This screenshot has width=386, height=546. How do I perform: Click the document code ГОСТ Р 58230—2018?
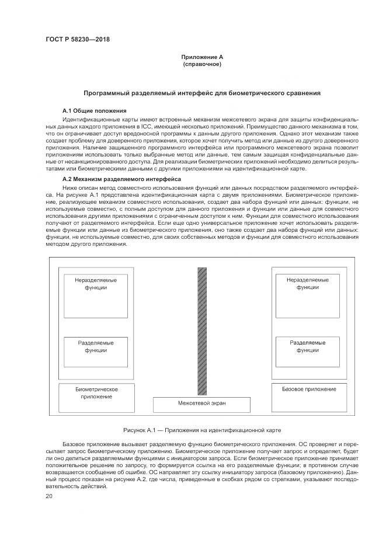point(78,40)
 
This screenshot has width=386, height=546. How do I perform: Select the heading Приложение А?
point(202,57)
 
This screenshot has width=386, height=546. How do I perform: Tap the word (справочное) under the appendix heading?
point(202,64)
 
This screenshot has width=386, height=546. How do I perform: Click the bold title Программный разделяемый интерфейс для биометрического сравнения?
point(202,93)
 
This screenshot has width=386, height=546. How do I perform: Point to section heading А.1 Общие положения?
point(95,111)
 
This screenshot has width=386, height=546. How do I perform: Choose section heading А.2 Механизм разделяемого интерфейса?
point(121,179)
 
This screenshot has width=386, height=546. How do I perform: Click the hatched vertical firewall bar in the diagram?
point(202,331)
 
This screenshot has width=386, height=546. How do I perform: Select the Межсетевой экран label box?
point(202,404)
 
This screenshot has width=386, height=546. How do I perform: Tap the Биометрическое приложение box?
point(97,392)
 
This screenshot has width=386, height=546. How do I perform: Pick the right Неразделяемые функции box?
point(307,284)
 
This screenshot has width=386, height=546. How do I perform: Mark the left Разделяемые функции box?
point(96,346)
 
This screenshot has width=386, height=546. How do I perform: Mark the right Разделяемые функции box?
point(308,346)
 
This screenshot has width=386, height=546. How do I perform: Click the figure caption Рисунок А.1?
point(202,430)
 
